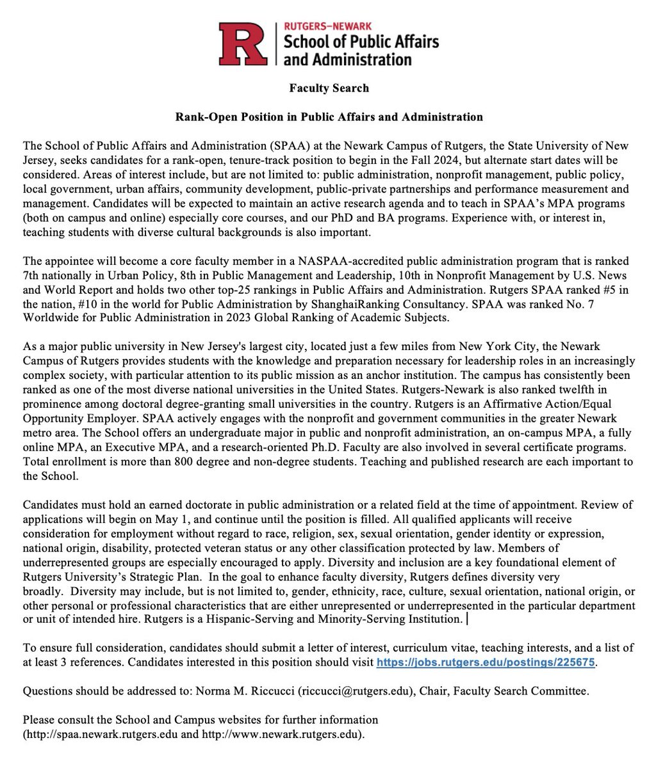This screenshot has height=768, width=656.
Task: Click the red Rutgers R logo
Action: coord(243,44)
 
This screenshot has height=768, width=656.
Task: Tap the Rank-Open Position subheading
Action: coord(329,117)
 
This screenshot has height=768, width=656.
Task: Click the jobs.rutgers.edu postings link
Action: coord(486,663)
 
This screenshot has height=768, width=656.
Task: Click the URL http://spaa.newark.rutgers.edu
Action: coord(101,733)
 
